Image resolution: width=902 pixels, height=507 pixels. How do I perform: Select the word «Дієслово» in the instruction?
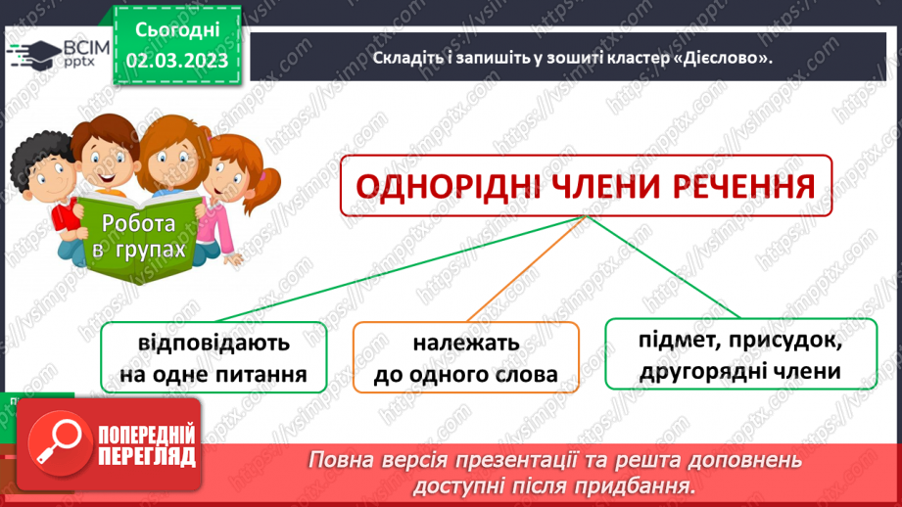[719, 58]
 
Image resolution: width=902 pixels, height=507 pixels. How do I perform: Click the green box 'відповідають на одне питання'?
[214, 358]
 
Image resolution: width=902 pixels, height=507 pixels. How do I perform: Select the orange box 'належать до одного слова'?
[465, 358]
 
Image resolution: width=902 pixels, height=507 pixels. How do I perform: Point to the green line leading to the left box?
[392, 270]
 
